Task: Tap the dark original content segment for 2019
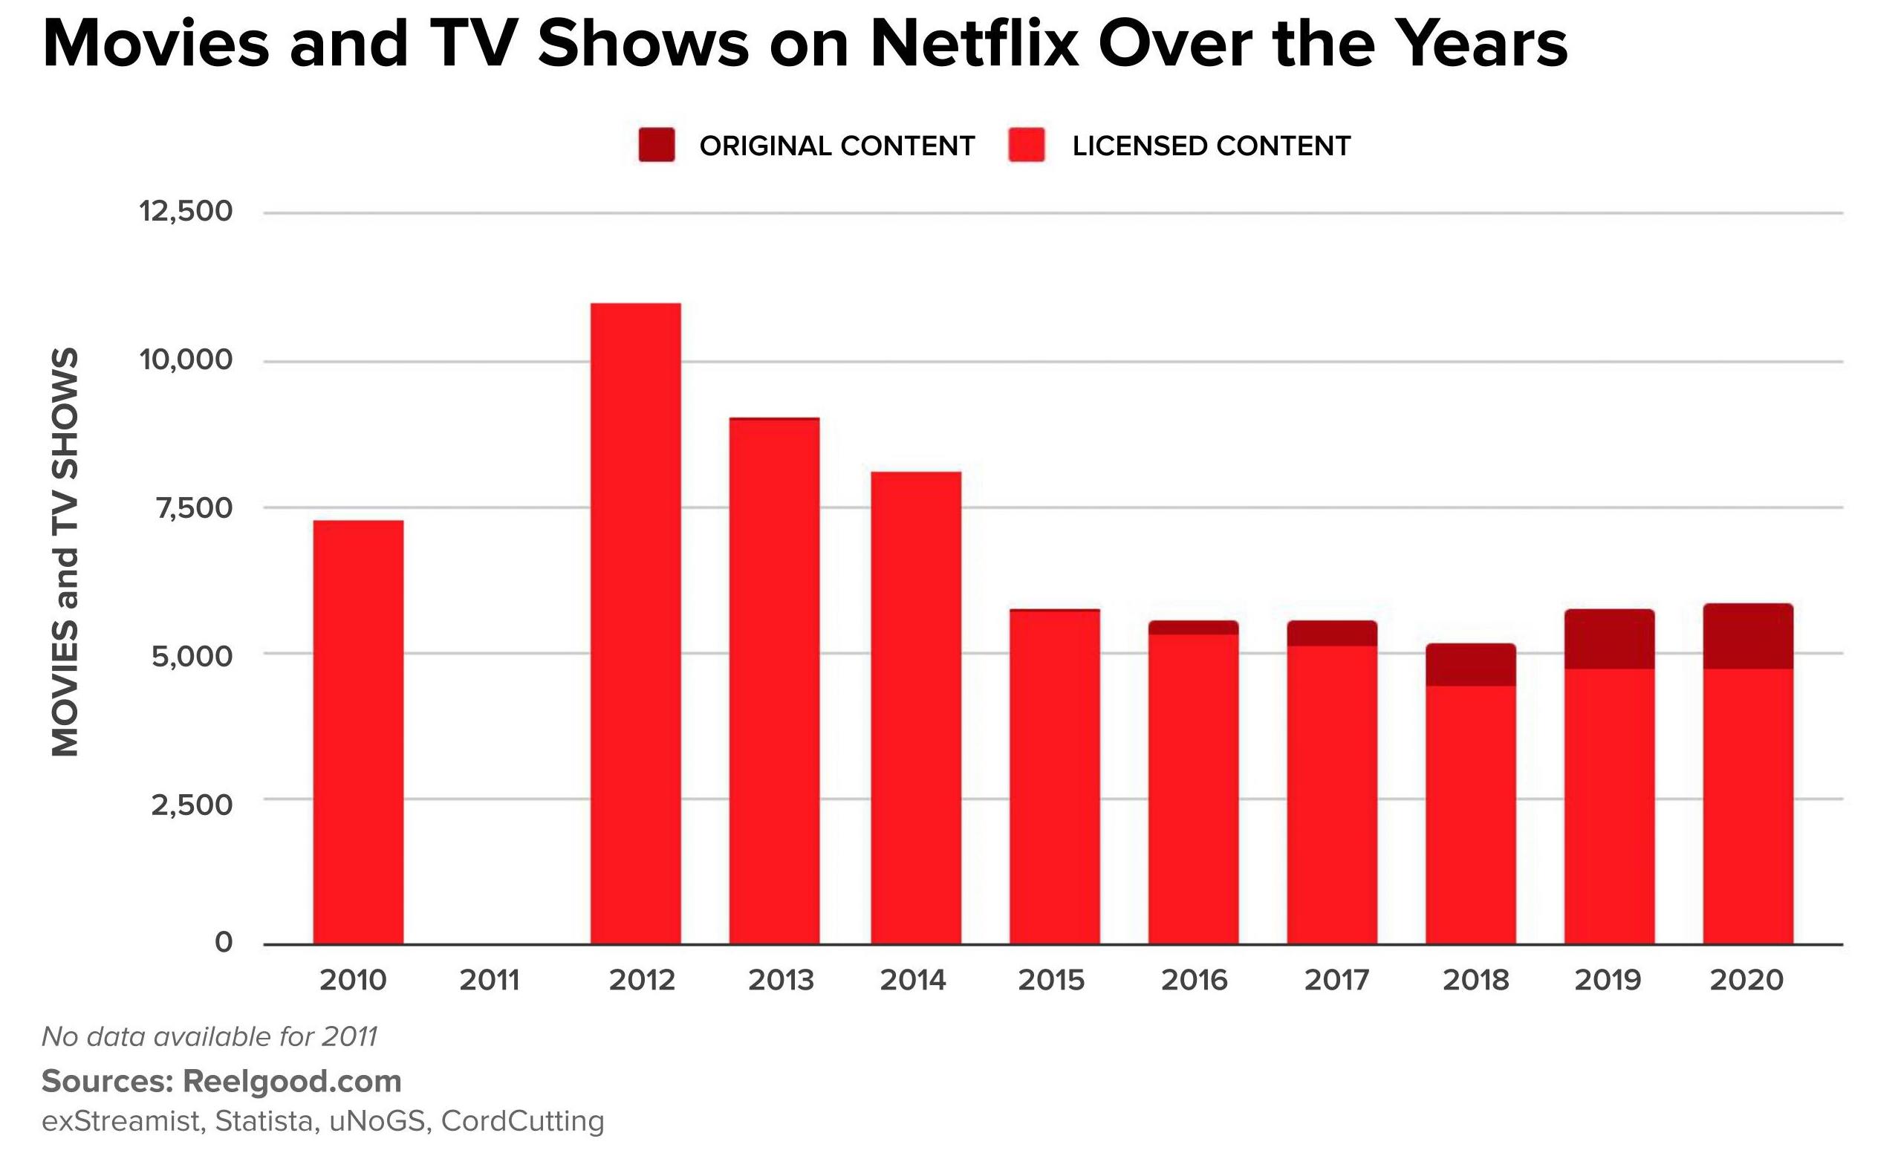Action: click(x=1609, y=639)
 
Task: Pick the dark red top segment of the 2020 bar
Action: click(x=1748, y=636)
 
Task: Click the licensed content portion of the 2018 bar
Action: click(x=1470, y=814)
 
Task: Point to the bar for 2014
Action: click(x=916, y=707)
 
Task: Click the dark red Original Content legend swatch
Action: click(x=657, y=145)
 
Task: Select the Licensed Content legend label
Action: click(x=1212, y=146)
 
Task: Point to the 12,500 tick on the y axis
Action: click(x=186, y=211)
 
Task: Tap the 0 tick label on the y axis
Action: click(x=223, y=942)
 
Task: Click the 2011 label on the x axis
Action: click(x=490, y=980)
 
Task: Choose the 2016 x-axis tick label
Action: click(x=1194, y=980)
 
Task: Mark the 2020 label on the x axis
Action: click(x=1746, y=980)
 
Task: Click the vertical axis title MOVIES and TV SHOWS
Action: click(x=65, y=552)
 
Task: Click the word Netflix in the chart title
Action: click(x=974, y=45)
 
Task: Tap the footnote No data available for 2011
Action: click(x=209, y=1036)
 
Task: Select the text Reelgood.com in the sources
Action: click(x=292, y=1081)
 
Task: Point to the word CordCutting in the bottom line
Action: click(x=522, y=1120)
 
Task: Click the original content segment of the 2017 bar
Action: click(x=1332, y=633)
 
